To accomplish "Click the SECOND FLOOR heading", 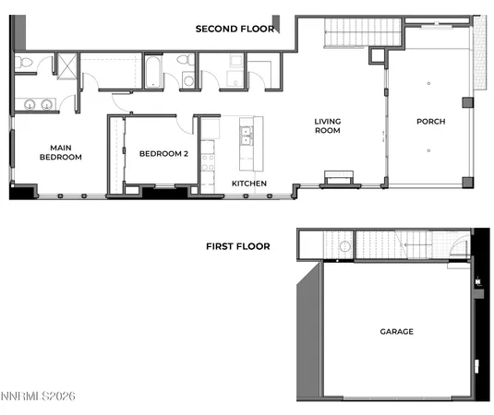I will [235, 29].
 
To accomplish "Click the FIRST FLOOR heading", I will [238, 246].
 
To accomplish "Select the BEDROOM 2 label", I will [163, 154].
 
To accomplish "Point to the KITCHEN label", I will [249, 184].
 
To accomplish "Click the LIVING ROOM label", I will [328, 125].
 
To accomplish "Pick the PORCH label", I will [430, 121].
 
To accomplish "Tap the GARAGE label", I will [396, 331].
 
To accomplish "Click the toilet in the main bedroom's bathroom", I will [25, 63].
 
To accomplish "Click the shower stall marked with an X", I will [66, 65].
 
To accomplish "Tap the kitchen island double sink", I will [247, 137].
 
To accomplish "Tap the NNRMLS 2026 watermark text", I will [38, 397].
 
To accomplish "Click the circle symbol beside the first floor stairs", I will [343, 246].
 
